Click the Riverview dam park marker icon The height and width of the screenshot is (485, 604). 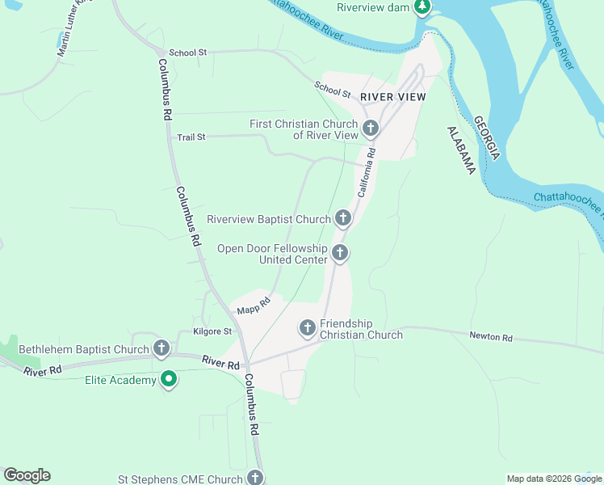[422, 7]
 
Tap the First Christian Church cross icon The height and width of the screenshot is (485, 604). [371, 129]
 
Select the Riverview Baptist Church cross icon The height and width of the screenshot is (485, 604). [343, 218]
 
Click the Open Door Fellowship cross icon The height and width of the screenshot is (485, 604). [340, 254]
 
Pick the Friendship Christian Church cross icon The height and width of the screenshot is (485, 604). [307, 328]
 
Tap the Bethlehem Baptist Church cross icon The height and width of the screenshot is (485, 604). [161, 349]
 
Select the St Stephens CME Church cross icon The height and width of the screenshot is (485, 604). [256, 479]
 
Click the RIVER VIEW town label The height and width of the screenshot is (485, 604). [392, 97]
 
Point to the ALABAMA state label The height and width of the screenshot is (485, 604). [460, 150]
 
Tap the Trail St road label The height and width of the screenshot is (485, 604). [191, 137]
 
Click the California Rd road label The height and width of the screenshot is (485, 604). [367, 171]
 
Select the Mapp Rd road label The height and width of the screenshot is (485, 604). [253, 306]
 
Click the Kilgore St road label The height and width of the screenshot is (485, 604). [212, 331]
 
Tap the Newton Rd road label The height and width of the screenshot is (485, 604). [491, 337]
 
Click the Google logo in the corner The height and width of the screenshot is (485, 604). [27, 475]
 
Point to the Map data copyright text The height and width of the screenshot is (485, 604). [553, 479]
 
